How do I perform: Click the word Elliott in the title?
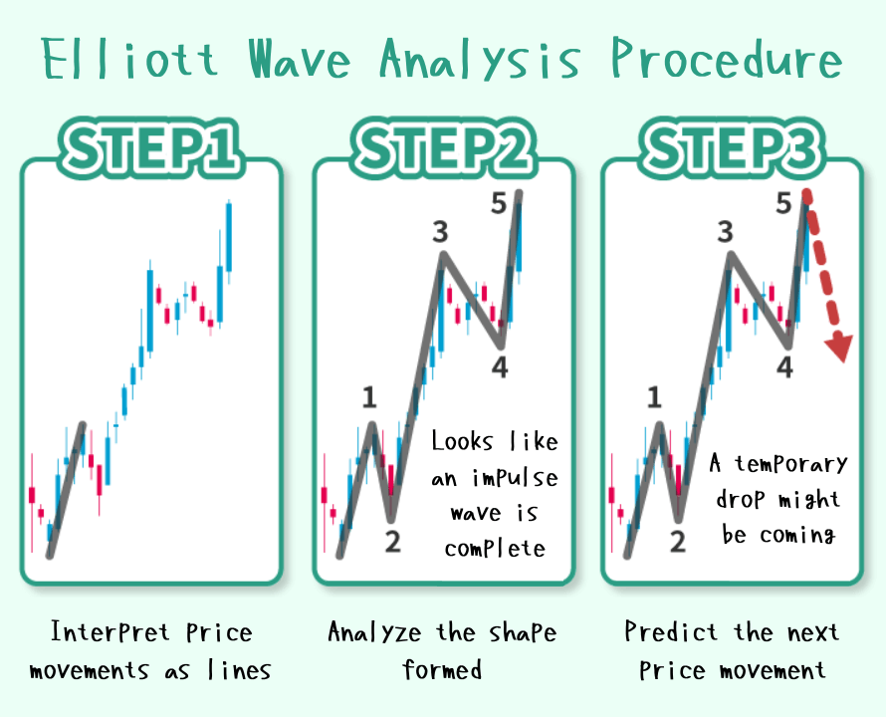[x=129, y=58]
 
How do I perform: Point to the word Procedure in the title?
[x=728, y=58]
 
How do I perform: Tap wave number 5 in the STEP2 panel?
[x=499, y=203]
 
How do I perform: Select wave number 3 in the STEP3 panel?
[x=726, y=232]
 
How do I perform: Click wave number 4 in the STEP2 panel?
[x=500, y=367]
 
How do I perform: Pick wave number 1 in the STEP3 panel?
[x=654, y=397]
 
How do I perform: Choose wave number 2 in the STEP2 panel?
[x=392, y=541]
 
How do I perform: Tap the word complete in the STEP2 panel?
[x=495, y=549]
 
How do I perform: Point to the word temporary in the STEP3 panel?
[x=791, y=464]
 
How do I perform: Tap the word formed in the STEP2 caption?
[x=442, y=669]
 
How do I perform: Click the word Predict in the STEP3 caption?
[x=671, y=631]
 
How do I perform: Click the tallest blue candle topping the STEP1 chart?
[x=229, y=237]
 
